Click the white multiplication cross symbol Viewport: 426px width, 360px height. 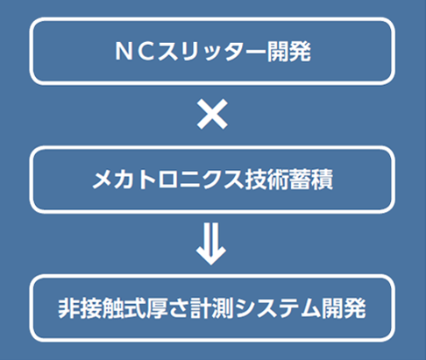coord(212,114)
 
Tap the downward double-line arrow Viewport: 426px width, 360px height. coord(211,244)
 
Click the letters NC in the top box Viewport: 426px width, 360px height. coord(135,52)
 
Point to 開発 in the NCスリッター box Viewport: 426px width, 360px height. coord(289,52)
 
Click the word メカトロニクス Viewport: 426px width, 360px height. coord(168,180)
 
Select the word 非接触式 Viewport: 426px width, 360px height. coord(102,308)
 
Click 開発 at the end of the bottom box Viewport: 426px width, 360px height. coord(344,308)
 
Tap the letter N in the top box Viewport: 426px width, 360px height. coord(124,52)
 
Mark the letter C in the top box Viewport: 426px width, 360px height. coord(146,52)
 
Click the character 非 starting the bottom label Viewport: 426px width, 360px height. coord(69,308)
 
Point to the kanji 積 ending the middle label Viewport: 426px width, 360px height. coord(322,180)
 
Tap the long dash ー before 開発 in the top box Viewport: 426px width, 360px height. coord(256,52)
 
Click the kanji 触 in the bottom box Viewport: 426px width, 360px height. coord(113,308)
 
